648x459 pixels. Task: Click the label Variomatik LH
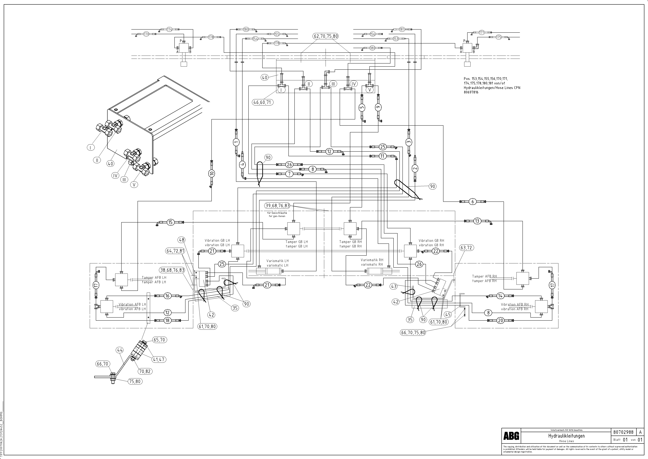tap(277, 261)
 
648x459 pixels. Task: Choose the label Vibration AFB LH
tap(132, 304)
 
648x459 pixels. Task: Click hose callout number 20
tap(500, 321)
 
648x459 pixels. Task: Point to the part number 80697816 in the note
tap(471, 92)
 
